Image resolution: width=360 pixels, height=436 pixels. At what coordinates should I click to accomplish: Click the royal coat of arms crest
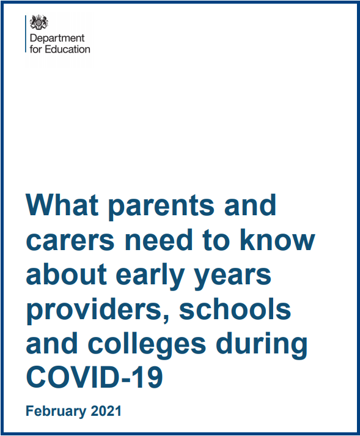point(39,22)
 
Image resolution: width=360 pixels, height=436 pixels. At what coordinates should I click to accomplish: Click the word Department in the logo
point(57,38)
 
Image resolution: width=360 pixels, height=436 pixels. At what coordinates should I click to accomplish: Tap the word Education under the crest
point(68,49)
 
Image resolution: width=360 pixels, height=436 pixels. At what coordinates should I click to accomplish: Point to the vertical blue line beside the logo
point(26,34)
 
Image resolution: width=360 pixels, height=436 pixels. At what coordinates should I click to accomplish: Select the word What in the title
point(62,205)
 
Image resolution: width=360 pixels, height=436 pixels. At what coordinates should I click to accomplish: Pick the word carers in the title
point(70,240)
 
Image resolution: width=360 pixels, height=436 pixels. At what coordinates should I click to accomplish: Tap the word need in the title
point(159,239)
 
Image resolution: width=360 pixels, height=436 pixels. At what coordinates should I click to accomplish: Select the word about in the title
point(67,273)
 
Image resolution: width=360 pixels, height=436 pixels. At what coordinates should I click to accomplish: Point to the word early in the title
point(150,276)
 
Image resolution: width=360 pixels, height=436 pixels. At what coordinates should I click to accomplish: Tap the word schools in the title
point(235,308)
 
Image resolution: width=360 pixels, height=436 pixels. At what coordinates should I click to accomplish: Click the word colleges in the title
point(147,345)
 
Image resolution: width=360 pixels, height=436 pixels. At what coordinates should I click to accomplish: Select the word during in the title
point(262,345)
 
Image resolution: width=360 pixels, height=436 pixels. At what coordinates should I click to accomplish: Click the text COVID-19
point(95,377)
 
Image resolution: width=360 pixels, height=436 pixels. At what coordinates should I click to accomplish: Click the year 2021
point(106,411)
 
